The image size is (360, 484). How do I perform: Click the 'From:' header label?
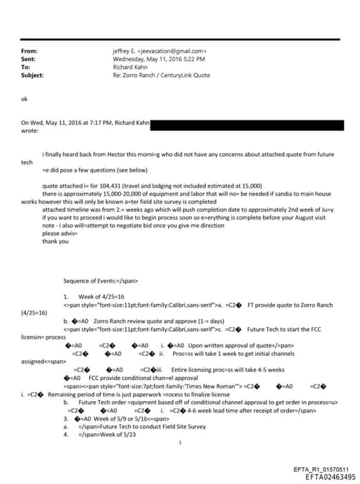(30, 51)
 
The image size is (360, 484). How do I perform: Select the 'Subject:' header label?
(33, 75)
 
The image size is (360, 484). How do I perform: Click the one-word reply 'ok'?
(25, 100)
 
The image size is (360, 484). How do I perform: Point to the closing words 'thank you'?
(56, 242)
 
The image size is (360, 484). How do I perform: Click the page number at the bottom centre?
(180, 443)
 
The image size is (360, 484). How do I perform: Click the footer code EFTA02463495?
(326, 476)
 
